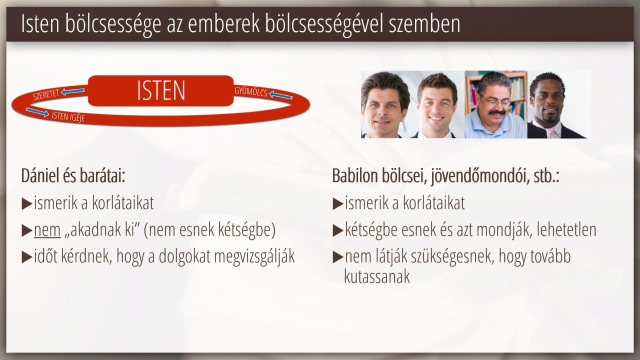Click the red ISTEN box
pyautogui.click(x=161, y=90)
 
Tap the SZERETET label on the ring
pyautogui.click(x=45, y=94)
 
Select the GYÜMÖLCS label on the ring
pyautogui.click(x=251, y=91)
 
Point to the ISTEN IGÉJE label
pyautogui.click(x=68, y=116)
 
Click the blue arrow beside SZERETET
pyautogui.click(x=73, y=91)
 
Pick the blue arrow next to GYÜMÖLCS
pyautogui.click(x=280, y=95)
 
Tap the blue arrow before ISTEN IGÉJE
pyautogui.click(x=37, y=112)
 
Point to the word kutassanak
pyautogui.click(x=377, y=276)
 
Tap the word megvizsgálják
pyautogui.click(x=254, y=256)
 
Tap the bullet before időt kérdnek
pyautogui.click(x=26, y=257)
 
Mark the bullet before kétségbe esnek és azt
pyautogui.click(x=337, y=230)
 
